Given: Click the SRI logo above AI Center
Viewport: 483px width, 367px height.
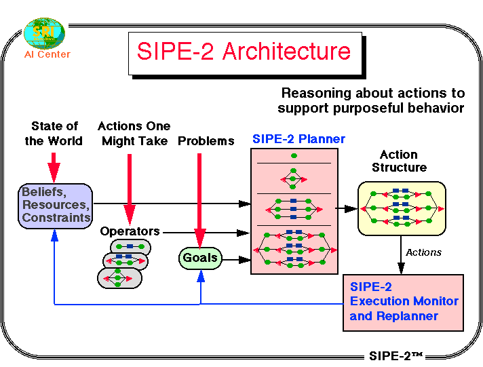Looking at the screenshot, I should (x=45, y=32).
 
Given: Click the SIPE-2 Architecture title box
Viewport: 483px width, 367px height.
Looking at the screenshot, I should (x=244, y=52).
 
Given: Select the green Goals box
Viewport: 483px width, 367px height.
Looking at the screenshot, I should (x=200, y=258).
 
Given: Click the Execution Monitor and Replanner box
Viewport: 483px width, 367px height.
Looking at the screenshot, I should (x=403, y=302).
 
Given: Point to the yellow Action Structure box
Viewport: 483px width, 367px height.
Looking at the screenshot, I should (x=402, y=208).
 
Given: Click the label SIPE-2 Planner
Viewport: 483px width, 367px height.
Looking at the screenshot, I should (x=298, y=140).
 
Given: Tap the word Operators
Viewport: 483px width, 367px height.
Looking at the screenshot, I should (x=130, y=231).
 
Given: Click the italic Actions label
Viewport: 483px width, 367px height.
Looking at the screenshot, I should (x=423, y=252).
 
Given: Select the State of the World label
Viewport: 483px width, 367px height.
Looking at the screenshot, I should (x=54, y=134).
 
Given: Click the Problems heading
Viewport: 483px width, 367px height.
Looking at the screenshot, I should (x=206, y=141).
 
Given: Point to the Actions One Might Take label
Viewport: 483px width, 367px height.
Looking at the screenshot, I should (x=134, y=134).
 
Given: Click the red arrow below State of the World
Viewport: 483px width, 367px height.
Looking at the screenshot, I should (x=54, y=167).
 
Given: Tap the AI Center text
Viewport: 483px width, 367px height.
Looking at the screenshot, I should (x=47, y=54).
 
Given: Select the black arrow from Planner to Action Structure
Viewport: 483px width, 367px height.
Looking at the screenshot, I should (x=347, y=209).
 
